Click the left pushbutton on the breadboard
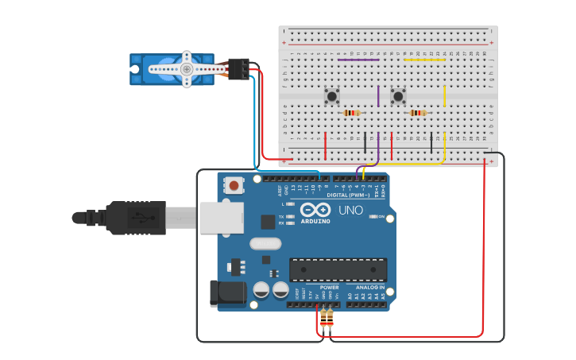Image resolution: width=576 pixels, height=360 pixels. coord(332,96)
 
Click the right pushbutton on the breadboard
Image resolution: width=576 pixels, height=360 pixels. coord(398,96)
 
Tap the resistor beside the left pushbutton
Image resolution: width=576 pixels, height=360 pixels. coord(352,113)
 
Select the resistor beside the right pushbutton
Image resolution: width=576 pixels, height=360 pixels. coord(418,113)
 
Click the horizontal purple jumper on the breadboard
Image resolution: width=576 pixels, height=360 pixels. coord(358,60)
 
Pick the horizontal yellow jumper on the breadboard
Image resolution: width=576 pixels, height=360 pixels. coord(424,60)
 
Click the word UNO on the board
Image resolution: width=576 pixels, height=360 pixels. coord(350,211)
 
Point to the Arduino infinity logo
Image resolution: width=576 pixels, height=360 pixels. coord(315,210)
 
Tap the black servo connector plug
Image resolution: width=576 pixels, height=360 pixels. coord(238,69)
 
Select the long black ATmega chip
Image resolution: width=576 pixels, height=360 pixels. coord(338,269)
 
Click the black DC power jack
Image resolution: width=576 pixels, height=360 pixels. coord(227,292)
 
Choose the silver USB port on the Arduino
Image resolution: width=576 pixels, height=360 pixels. coord(222,217)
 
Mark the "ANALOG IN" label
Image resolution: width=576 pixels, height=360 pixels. coord(369,287)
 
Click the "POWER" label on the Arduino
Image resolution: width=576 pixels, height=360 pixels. coord(329,287)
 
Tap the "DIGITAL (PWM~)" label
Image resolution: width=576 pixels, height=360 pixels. coord(348,195)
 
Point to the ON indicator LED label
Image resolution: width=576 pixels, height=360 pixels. coord(381,216)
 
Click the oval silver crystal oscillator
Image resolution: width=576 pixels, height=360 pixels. coord(265,243)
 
